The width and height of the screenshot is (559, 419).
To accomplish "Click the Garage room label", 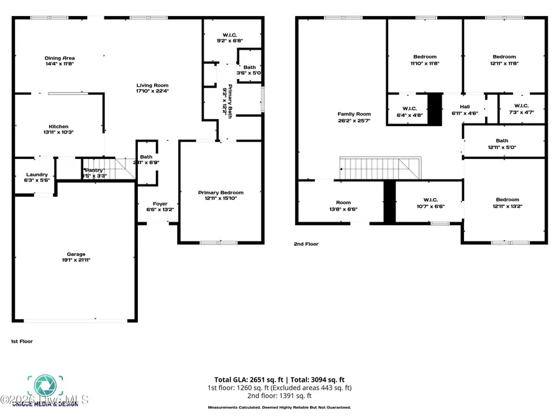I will tap(76, 254).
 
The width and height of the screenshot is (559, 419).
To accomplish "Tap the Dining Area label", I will tap(60, 58).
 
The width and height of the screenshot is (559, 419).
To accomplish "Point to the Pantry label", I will tap(95, 170).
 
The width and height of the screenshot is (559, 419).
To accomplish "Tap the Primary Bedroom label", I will tap(221, 192).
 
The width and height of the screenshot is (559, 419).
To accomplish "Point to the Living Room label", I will tap(153, 85).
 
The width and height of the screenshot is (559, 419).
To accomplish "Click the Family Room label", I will tap(354, 114).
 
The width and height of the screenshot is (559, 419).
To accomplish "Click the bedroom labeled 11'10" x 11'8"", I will tap(424, 60).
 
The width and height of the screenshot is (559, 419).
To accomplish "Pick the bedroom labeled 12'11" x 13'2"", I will tap(505, 202).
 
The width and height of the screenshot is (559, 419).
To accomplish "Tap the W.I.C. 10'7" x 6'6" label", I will tap(429, 203).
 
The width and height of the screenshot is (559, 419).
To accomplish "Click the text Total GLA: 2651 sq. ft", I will tap(243, 379).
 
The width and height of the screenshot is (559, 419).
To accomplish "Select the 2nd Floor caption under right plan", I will tap(306, 244).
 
